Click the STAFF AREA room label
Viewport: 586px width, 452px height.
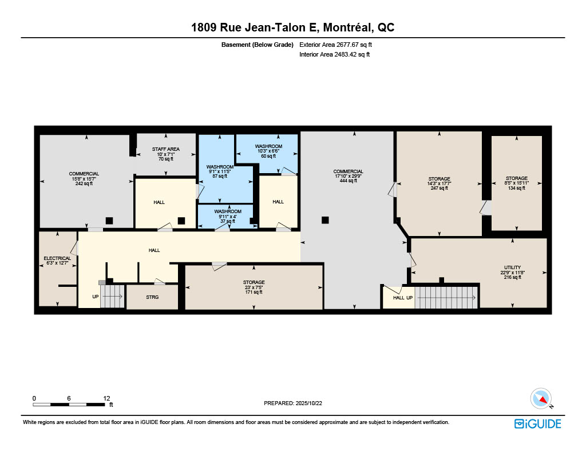pos(165,149)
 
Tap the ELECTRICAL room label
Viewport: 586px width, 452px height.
pos(57,258)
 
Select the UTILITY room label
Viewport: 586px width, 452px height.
pos(512,267)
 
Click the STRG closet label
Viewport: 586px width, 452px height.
pos(152,297)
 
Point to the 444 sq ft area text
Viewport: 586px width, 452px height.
pos(349,181)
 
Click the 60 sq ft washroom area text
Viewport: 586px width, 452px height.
pos(269,156)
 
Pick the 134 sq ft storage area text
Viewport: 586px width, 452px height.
pos(517,188)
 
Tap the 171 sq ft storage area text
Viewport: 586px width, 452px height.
pos(254,292)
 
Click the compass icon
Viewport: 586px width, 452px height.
pos(541,399)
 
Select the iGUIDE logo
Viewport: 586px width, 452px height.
pos(538,423)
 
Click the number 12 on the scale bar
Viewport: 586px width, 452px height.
pos(106,398)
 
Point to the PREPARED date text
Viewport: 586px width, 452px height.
pos(293,403)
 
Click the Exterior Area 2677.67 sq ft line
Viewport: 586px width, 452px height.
pos(335,45)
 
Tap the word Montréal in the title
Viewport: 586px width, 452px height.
pos(347,27)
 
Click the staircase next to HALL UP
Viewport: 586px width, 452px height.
pos(446,298)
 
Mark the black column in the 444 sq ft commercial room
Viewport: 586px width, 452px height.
pos(325,220)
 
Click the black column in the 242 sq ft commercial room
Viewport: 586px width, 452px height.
pos(109,221)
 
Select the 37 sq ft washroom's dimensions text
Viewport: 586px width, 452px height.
pos(228,217)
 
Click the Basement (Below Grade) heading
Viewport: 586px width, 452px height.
pos(258,45)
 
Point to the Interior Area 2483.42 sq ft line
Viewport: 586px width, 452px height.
pos(334,54)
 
